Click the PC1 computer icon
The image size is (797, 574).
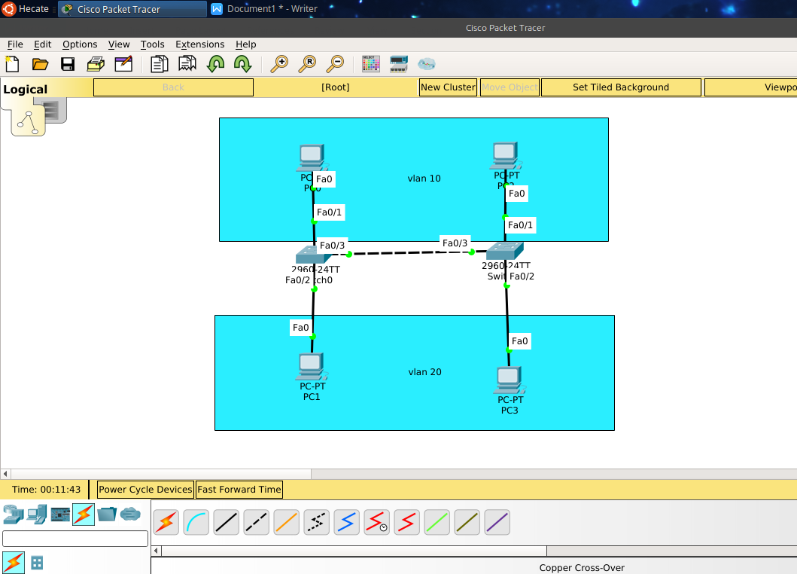tap(311, 367)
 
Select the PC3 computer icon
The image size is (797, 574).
tap(510, 380)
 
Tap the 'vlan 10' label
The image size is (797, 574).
tap(424, 179)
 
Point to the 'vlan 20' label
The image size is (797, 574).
tap(424, 372)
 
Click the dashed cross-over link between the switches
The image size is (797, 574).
tap(410, 253)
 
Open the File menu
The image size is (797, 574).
tap(15, 44)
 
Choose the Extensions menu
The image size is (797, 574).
tap(199, 44)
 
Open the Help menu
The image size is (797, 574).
tap(245, 44)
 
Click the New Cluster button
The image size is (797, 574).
tap(448, 87)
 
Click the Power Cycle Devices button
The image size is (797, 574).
tap(145, 490)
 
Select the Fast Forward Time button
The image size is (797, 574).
tap(239, 490)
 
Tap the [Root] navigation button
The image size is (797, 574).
tap(335, 87)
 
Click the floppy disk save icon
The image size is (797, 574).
tap(68, 64)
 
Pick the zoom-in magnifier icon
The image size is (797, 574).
tap(279, 64)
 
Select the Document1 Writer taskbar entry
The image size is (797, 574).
tap(272, 9)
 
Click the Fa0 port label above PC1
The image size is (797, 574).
tap(301, 328)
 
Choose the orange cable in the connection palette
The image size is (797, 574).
tap(286, 522)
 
